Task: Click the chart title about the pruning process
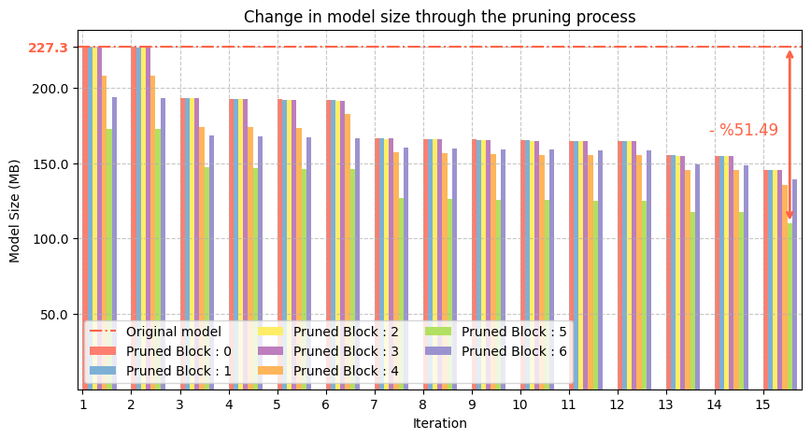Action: [x=439, y=17]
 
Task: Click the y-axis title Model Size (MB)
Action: [x=14, y=218]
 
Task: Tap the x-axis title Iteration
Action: [x=439, y=423]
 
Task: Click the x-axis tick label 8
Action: [x=422, y=404]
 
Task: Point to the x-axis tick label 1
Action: [x=83, y=404]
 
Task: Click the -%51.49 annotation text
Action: [x=744, y=131]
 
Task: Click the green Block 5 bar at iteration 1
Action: [x=109, y=234]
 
